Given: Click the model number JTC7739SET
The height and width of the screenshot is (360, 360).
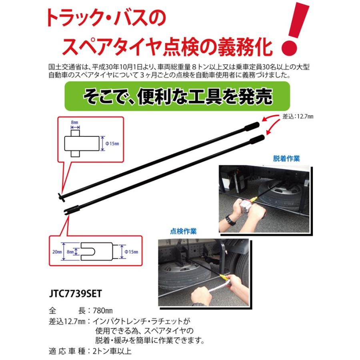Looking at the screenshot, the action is click(75, 294).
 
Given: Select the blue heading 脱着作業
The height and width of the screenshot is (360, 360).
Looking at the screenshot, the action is click(286, 158).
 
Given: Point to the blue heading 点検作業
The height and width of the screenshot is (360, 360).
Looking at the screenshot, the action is click(183, 231).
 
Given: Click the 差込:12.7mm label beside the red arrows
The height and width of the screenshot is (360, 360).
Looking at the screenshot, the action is click(298, 116).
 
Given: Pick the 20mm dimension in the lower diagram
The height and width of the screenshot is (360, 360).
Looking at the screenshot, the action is click(57, 252).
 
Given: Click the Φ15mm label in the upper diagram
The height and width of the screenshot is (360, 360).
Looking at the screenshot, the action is click(112, 144).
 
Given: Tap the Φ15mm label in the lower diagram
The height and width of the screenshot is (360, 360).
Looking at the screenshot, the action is click(131, 252).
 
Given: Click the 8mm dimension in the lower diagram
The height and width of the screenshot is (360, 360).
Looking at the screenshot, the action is click(70, 252).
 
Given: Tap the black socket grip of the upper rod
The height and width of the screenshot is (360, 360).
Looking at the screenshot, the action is click(252, 126).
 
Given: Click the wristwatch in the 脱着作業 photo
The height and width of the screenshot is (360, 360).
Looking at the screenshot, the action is click(230, 220).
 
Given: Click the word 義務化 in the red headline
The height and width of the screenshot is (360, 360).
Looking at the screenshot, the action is click(245, 47).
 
